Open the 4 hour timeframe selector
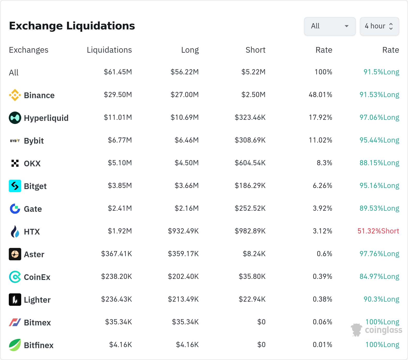[x=379, y=26]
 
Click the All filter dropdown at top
[x=330, y=26]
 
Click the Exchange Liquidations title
[x=72, y=26]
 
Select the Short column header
[x=255, y=50]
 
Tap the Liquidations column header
[x=109, y=50]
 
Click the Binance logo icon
[x=15, y=95]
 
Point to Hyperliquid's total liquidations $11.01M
[x=118, y=118]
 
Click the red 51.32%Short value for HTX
[x=378, y=231]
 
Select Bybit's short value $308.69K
[x=250, y=140]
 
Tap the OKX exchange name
[x=32, y=163]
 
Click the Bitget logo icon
[x=15, y=186]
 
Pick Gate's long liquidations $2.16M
[x=187, y=208]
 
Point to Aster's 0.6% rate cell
[x=324, y=254]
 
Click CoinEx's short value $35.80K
[x=252, y=277]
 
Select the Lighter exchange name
[x=37, y=300]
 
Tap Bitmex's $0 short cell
[x=261, y=322]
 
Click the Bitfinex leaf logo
[x=15, y=345]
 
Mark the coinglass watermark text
[x=384, y=330]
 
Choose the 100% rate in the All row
[x=323, y=72]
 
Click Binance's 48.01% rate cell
[x=320, y=95]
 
